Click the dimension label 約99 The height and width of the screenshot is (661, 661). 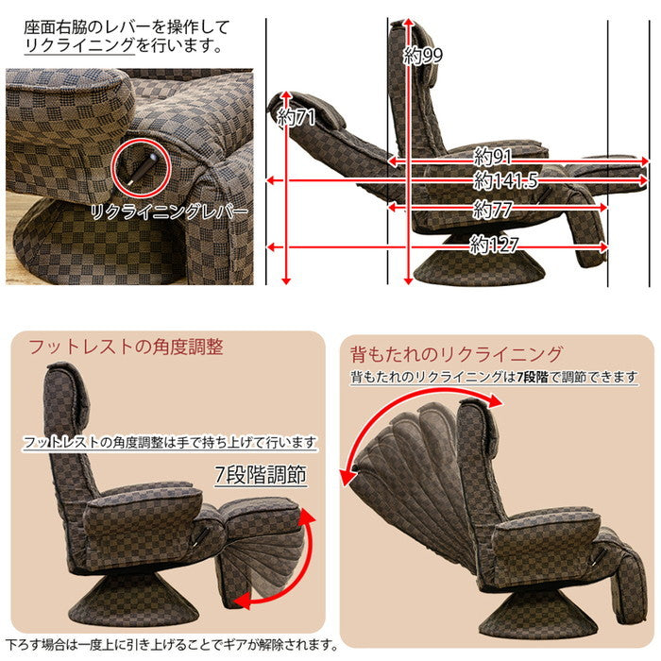[423, 57]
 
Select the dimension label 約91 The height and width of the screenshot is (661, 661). [492, 156]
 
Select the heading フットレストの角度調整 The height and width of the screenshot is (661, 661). [127, 347]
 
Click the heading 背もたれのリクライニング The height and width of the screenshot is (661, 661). [456, 355]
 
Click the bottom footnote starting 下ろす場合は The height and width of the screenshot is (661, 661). [172, 645]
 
